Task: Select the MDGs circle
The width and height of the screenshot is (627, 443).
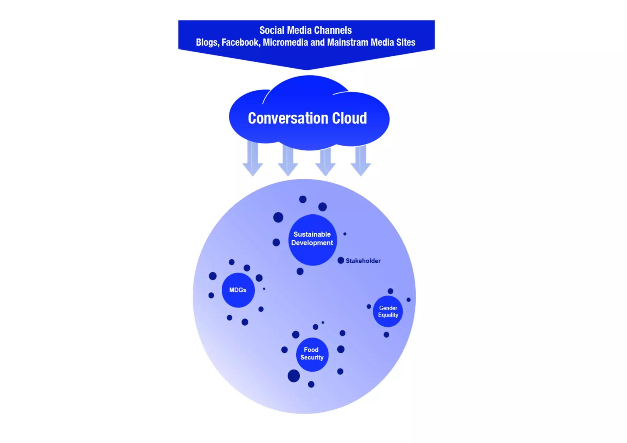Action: pos(238,290)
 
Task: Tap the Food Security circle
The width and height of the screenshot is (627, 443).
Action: pos(312,354)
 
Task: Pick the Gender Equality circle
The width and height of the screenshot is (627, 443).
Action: pos(388,311)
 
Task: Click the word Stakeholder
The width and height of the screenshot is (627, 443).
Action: pos(363,261)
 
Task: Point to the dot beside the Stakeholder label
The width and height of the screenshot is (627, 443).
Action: pos(341,261)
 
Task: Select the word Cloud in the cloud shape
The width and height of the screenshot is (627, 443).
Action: pos(350,118)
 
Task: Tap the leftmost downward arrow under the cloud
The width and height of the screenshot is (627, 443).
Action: pos(253,159)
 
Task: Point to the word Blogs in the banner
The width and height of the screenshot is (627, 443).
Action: pos(208,42)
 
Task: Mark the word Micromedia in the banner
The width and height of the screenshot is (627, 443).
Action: pos(285,42)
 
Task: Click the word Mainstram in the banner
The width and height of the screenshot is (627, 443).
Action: pos(347,42)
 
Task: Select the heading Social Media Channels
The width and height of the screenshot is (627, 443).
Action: pos(306,30)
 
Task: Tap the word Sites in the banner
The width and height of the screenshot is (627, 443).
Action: pos(406,42)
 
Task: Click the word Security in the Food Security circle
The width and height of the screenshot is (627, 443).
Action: pos(312,358)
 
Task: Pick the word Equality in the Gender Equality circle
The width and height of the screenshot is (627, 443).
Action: pos(388,315)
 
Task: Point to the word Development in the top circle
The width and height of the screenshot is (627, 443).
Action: pos(312,243)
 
